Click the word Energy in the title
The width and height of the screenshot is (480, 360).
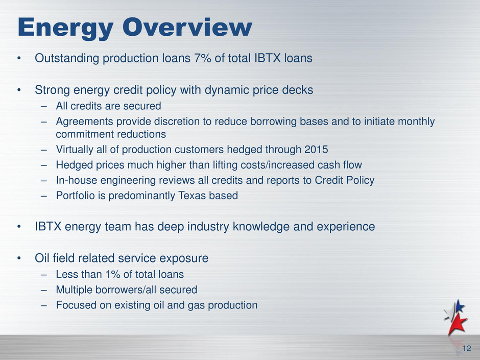(x=65, y=29)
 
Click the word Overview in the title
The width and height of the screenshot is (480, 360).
(x=187, y=27)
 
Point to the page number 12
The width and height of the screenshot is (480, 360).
(x=467, y=348)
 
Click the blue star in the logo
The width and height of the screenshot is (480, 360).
(x=459, y=306)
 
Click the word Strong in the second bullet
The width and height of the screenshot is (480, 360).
(x=52, y=90)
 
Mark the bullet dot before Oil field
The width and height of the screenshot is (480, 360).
(x=19, y=259)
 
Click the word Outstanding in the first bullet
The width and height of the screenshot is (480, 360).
(x=67, y=58)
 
